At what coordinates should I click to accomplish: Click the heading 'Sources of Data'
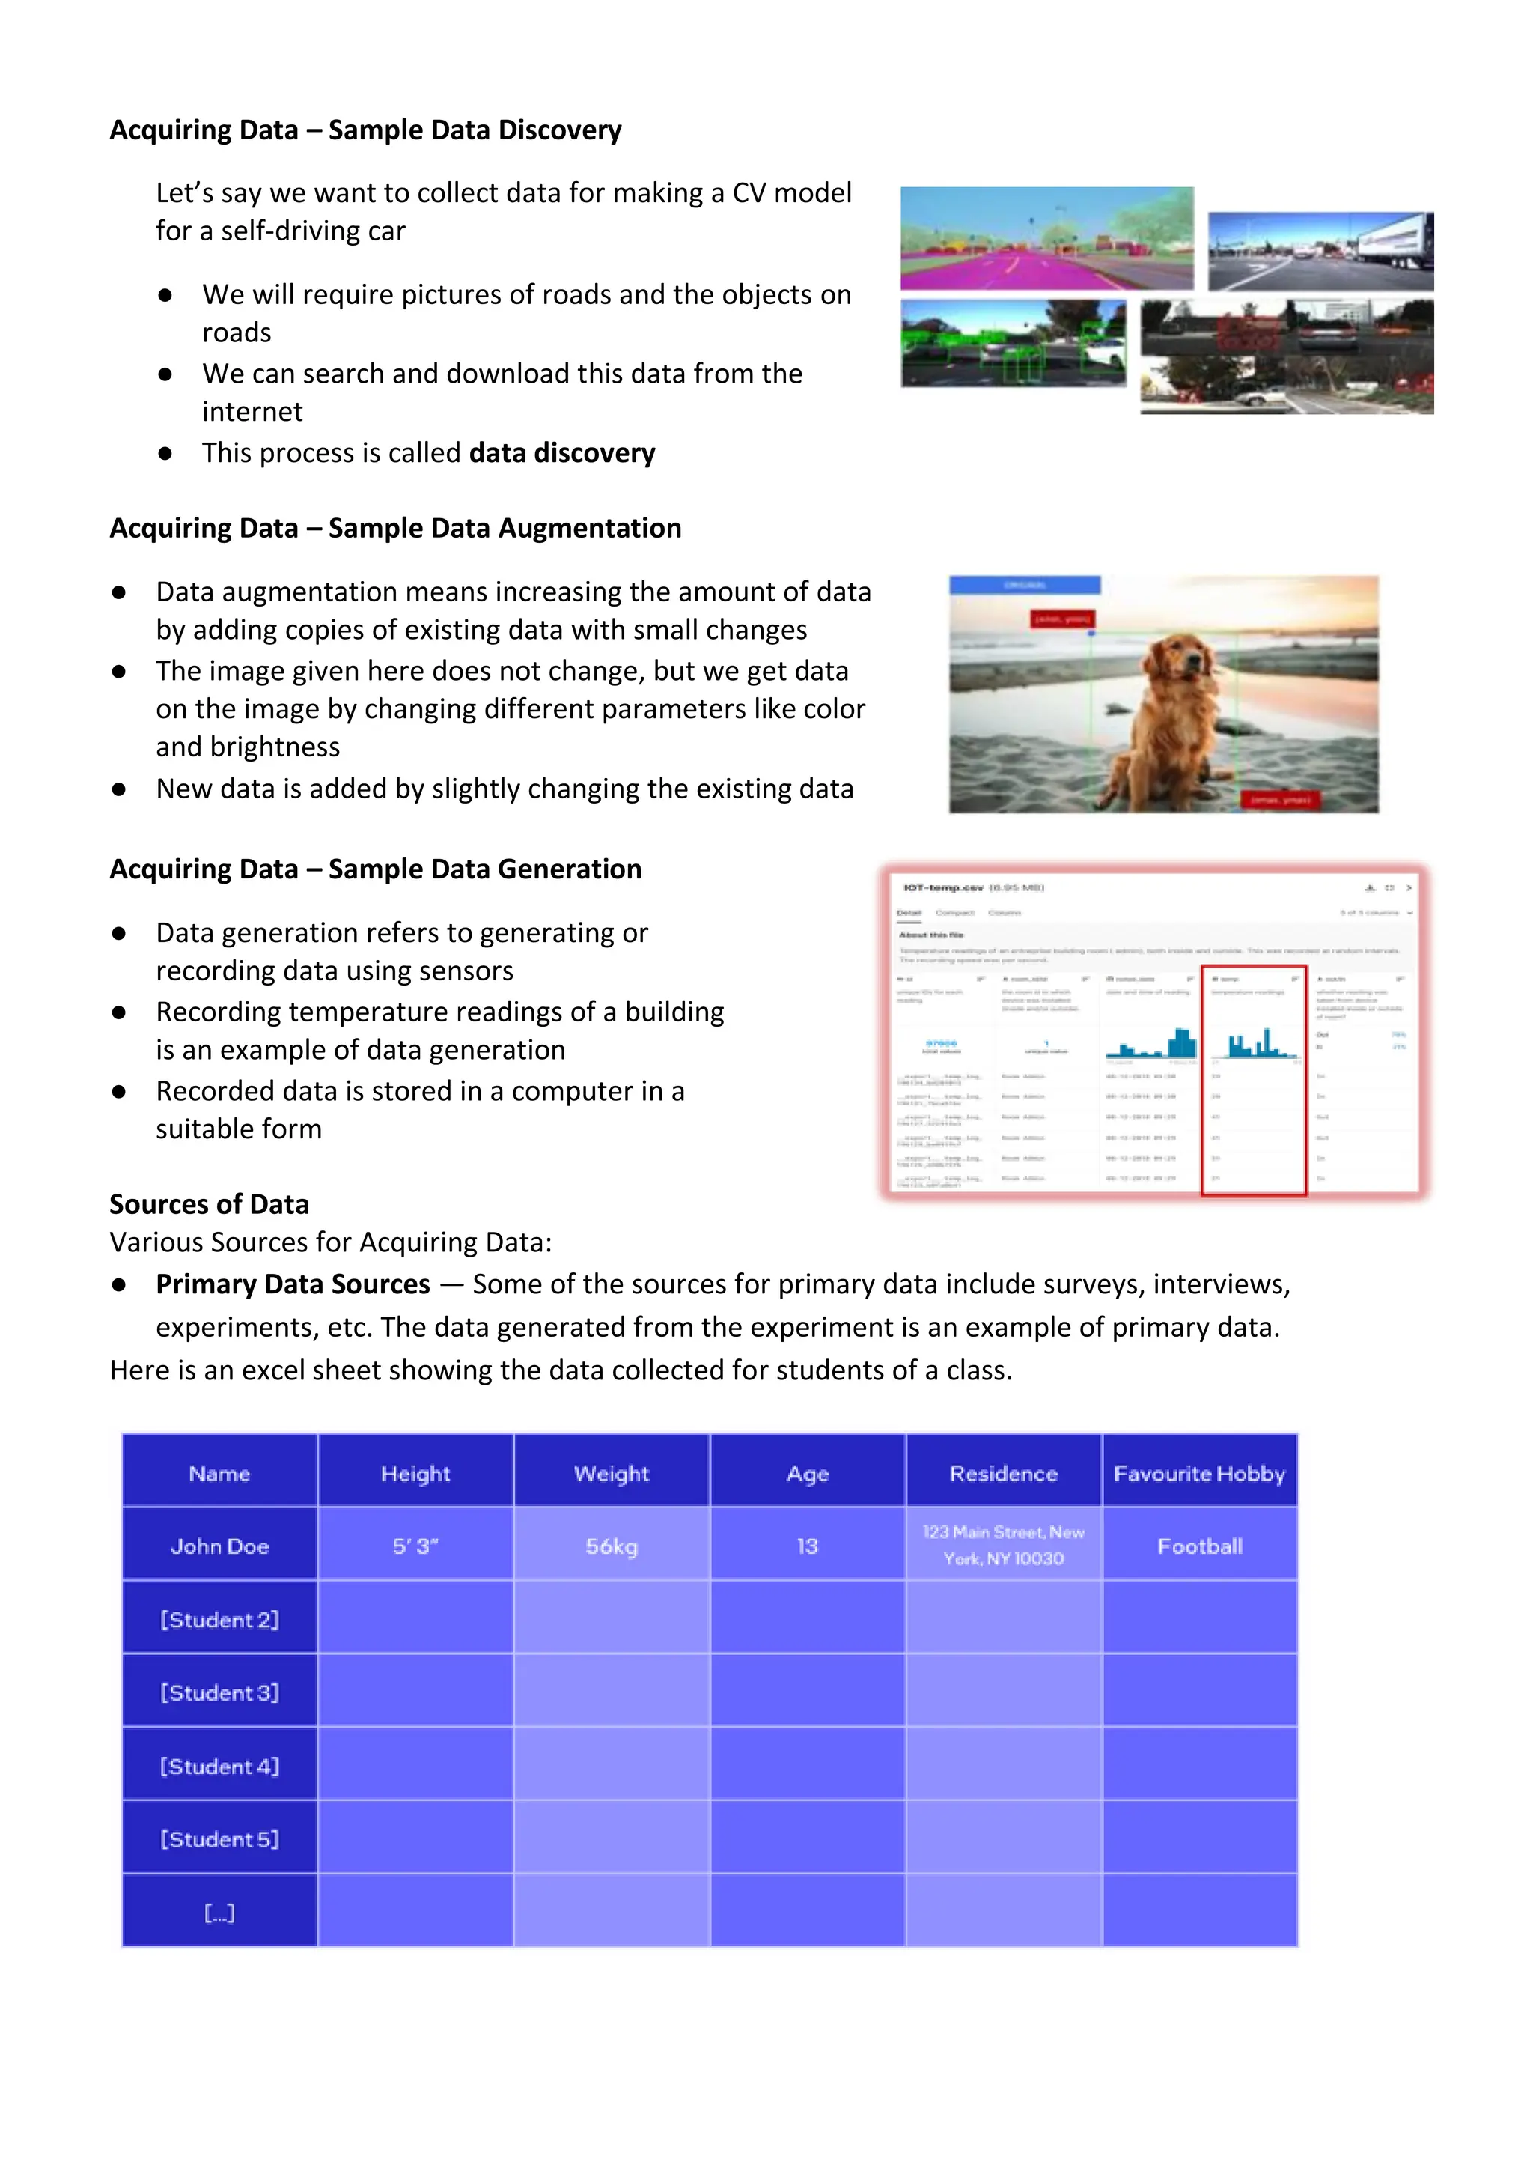pos(209,1204)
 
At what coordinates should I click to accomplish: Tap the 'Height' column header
pos(415,1473)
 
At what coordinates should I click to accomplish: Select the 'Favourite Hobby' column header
pos(1199,1473)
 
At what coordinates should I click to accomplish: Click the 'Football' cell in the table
pos(1199,1546)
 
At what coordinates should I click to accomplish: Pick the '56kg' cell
pos(611,1546)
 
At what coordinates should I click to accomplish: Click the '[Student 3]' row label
pos(219,1692)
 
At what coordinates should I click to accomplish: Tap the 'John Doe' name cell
pos(219,1546)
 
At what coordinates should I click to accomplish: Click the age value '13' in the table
pos(807,1546)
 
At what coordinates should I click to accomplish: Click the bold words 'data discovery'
pos(561,453)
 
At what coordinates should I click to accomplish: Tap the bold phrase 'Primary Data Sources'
pos(293,1284)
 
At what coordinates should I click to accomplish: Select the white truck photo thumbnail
pos(1320,251)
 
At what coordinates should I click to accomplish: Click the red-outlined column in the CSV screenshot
pos(1254,1081)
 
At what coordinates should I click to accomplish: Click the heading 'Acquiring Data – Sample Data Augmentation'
pos(394,528)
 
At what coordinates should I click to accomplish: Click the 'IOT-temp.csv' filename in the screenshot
pos(944,887)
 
